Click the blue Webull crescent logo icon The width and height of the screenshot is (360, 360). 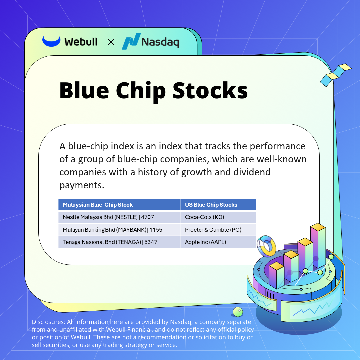(51, 41)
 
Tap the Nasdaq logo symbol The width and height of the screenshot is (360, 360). (131, 42)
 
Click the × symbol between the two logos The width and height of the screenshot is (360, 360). (111, 42)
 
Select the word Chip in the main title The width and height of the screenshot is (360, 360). (141, 91)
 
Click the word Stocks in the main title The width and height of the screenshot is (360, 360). (210, 90)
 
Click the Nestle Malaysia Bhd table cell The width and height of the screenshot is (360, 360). (119, 217)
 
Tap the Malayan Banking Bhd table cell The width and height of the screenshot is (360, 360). (119, 230)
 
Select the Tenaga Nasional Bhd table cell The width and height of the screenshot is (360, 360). (119, 242)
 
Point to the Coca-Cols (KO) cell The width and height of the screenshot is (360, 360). (218, 217)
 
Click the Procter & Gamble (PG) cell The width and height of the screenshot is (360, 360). (218, 230)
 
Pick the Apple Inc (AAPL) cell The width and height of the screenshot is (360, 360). (218, 242)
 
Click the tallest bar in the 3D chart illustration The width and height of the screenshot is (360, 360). (318, 245)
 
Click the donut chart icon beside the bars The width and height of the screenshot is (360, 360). (266, 246)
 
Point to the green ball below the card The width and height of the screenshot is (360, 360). (238, 312)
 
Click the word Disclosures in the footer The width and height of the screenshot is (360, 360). (48, 322)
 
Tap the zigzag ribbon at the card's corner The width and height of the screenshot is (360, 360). (335, 75)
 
